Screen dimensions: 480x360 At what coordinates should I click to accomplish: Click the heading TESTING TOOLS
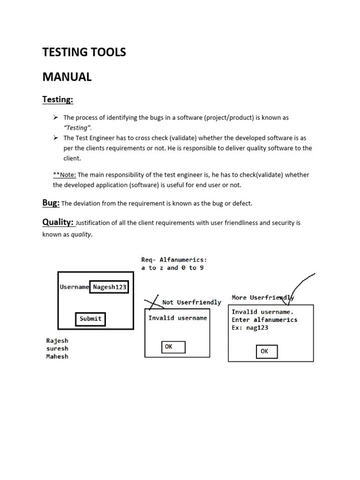(84, 52)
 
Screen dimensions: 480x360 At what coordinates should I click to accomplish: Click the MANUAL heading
(67, 77)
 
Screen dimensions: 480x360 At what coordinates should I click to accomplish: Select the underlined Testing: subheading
(58, 99)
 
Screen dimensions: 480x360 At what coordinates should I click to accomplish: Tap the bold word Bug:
(51, 203)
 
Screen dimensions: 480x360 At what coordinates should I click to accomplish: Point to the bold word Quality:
(58, 222)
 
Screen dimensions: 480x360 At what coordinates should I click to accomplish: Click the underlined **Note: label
(65, 175)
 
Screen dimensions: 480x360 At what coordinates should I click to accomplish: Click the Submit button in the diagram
(90, 319)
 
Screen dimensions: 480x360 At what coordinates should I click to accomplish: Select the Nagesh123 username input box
(109, 287)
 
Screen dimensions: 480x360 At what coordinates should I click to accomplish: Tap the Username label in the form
(74, 287)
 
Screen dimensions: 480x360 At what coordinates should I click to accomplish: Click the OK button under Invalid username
(173, 347)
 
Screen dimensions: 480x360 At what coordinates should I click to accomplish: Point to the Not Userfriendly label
(191, 302)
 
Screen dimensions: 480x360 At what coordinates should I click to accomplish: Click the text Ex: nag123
(250, 328)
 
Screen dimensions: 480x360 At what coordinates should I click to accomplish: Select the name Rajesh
(57, 341)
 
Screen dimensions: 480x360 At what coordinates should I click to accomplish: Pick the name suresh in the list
(57, 349)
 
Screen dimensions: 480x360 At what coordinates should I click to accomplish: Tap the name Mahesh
(57, 357)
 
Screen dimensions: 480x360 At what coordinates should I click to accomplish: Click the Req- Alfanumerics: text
(174, 259)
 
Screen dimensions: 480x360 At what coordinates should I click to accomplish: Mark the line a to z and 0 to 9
(172, 268)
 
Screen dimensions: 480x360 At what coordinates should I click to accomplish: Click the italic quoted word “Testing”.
(78, 128)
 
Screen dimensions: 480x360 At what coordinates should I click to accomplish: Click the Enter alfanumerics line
(264, 320)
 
